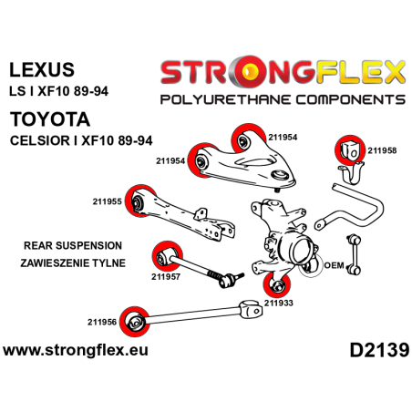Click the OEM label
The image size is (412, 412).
click(x=334, y=266)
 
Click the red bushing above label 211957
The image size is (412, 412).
click(x=165, y=252)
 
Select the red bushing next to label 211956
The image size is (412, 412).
click(x=135, y=317)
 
